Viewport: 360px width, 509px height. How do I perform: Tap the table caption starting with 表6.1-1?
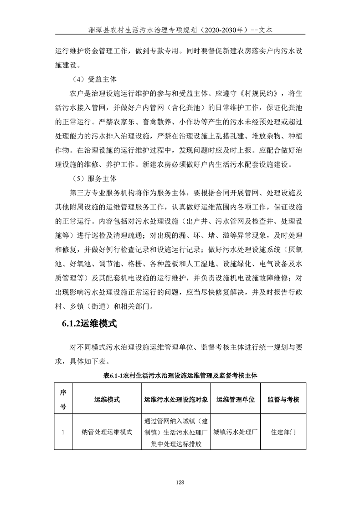[x=180, y=376]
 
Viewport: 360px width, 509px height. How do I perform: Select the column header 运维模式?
[x=107, y=399]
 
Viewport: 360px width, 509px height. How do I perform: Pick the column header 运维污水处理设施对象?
[x=176, y=399]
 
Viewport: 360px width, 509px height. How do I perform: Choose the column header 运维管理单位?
[x=236, y=399]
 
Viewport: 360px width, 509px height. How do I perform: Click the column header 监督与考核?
[x=283, y=399]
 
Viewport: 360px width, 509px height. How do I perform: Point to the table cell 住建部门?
[x=283, y=432]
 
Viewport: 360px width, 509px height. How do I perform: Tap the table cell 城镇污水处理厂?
[x=236, y=432]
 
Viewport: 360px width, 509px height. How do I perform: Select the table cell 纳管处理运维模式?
[x=107, y=432]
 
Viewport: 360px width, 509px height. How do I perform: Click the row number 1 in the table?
[x=63, y=432]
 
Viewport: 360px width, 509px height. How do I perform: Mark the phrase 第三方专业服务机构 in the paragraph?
[x=103, y=190]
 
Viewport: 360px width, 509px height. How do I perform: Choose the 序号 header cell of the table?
[x=63, y=399]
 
